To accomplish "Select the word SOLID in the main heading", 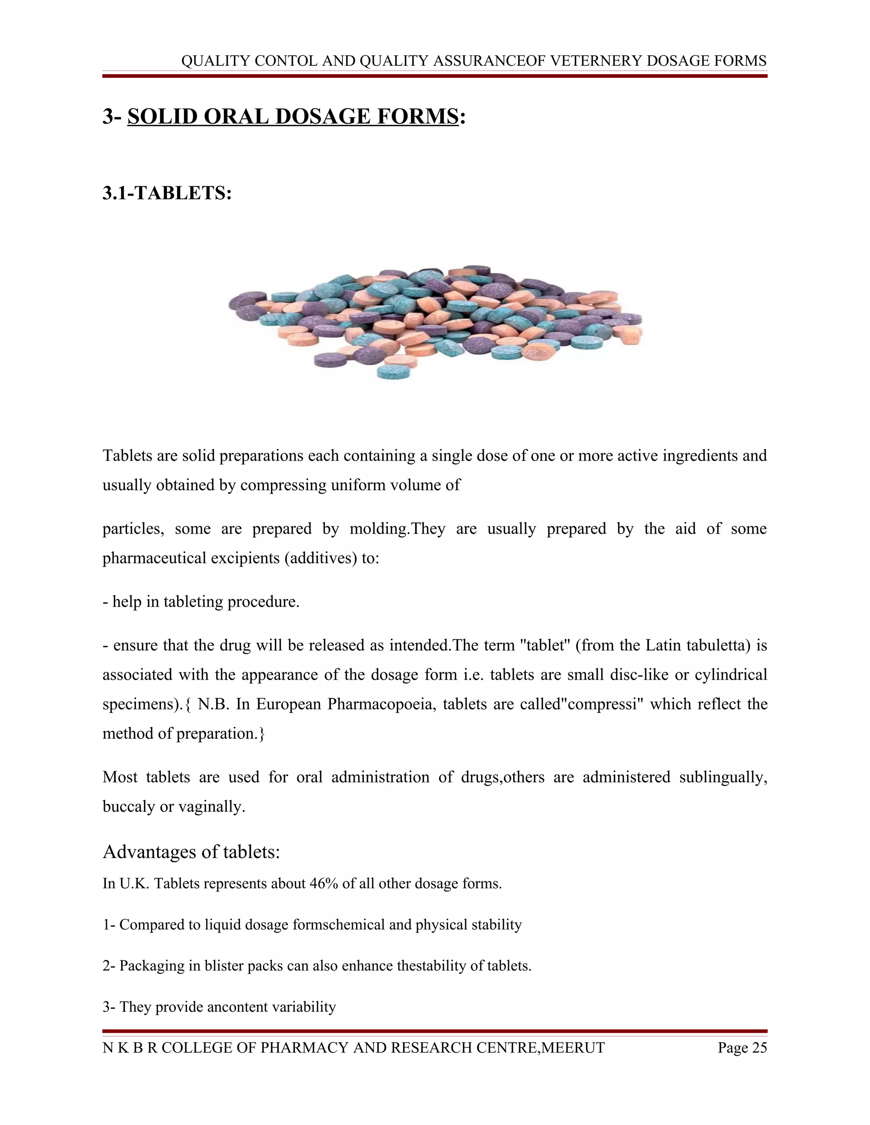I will click(162, 116).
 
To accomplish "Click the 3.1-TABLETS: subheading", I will click(167, 193).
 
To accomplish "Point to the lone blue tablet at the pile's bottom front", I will click(396, 372).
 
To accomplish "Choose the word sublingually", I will click(723, 777).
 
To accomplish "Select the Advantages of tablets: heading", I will click(191, 852).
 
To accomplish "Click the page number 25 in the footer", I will click(759, 1048).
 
